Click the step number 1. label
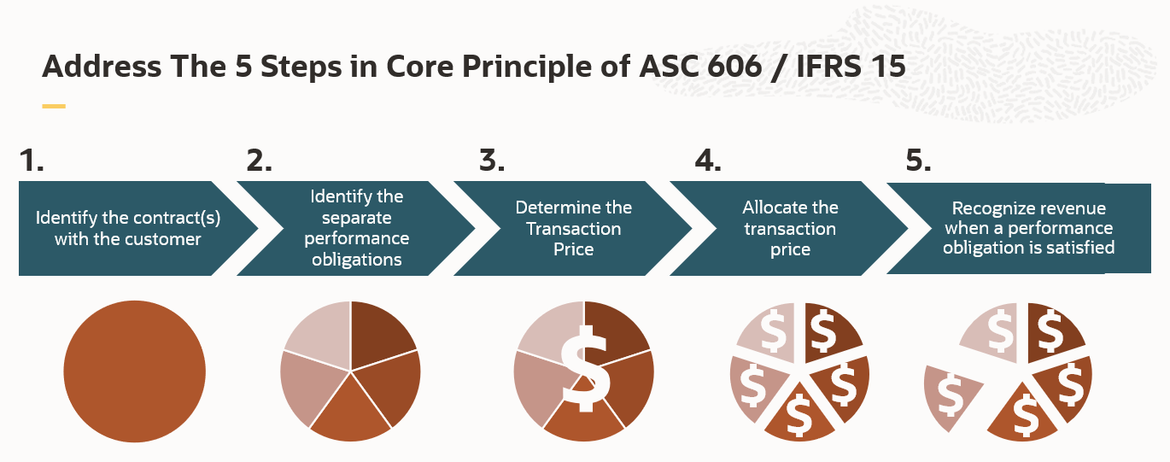pyautogui.click(x=31, y=161)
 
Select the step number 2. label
pyautogui.click(x=259, y=161)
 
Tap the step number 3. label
pyautogui.click(x=492, y=161)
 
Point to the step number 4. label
pyautogui.click(x=708, y=161)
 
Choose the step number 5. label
pyautogui.click(x=918, y=161)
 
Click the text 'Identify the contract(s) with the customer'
pyautogui.click(x=128, y=228)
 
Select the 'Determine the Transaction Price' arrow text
pyautogui.click(x=573, y=228)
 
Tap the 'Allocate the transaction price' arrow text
pyautogui.click(x=790, y=228)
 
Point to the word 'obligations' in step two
pyautogui.click(x=357, y=260)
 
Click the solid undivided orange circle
pyautogui.click(x=135, y=371)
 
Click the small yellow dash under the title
pyautogui.click(x=54, y=107)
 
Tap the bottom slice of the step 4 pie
pyautogui.click(x=799, y=414)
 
